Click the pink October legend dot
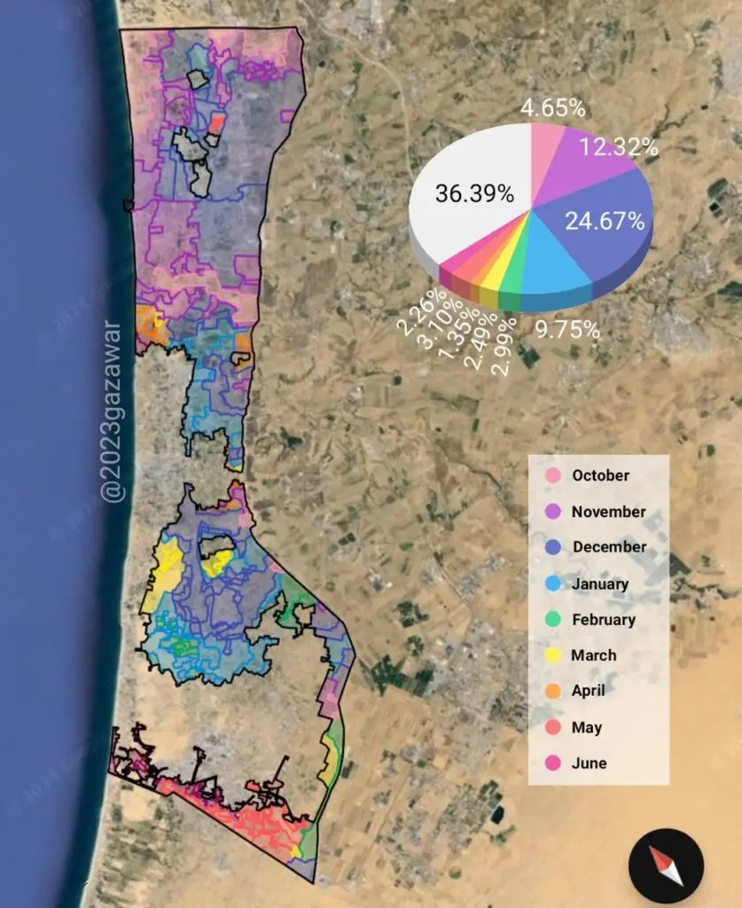tap(551, 476)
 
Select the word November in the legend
tap(608, 512)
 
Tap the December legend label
tap(609, 547)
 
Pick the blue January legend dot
tap(551, 583)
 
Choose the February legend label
tap(604, 620)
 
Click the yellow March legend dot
tap(551, 655)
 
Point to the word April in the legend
tap(589, 691)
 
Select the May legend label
tap(586, 727)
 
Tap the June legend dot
tap(551, 763)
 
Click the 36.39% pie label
tap(474, 194)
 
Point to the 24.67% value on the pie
tap(605, 222)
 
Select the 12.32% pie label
tap(619, 148)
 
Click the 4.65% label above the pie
tap(552, 109)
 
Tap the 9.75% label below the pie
tap(568, 330)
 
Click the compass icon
tap(666, 865)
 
